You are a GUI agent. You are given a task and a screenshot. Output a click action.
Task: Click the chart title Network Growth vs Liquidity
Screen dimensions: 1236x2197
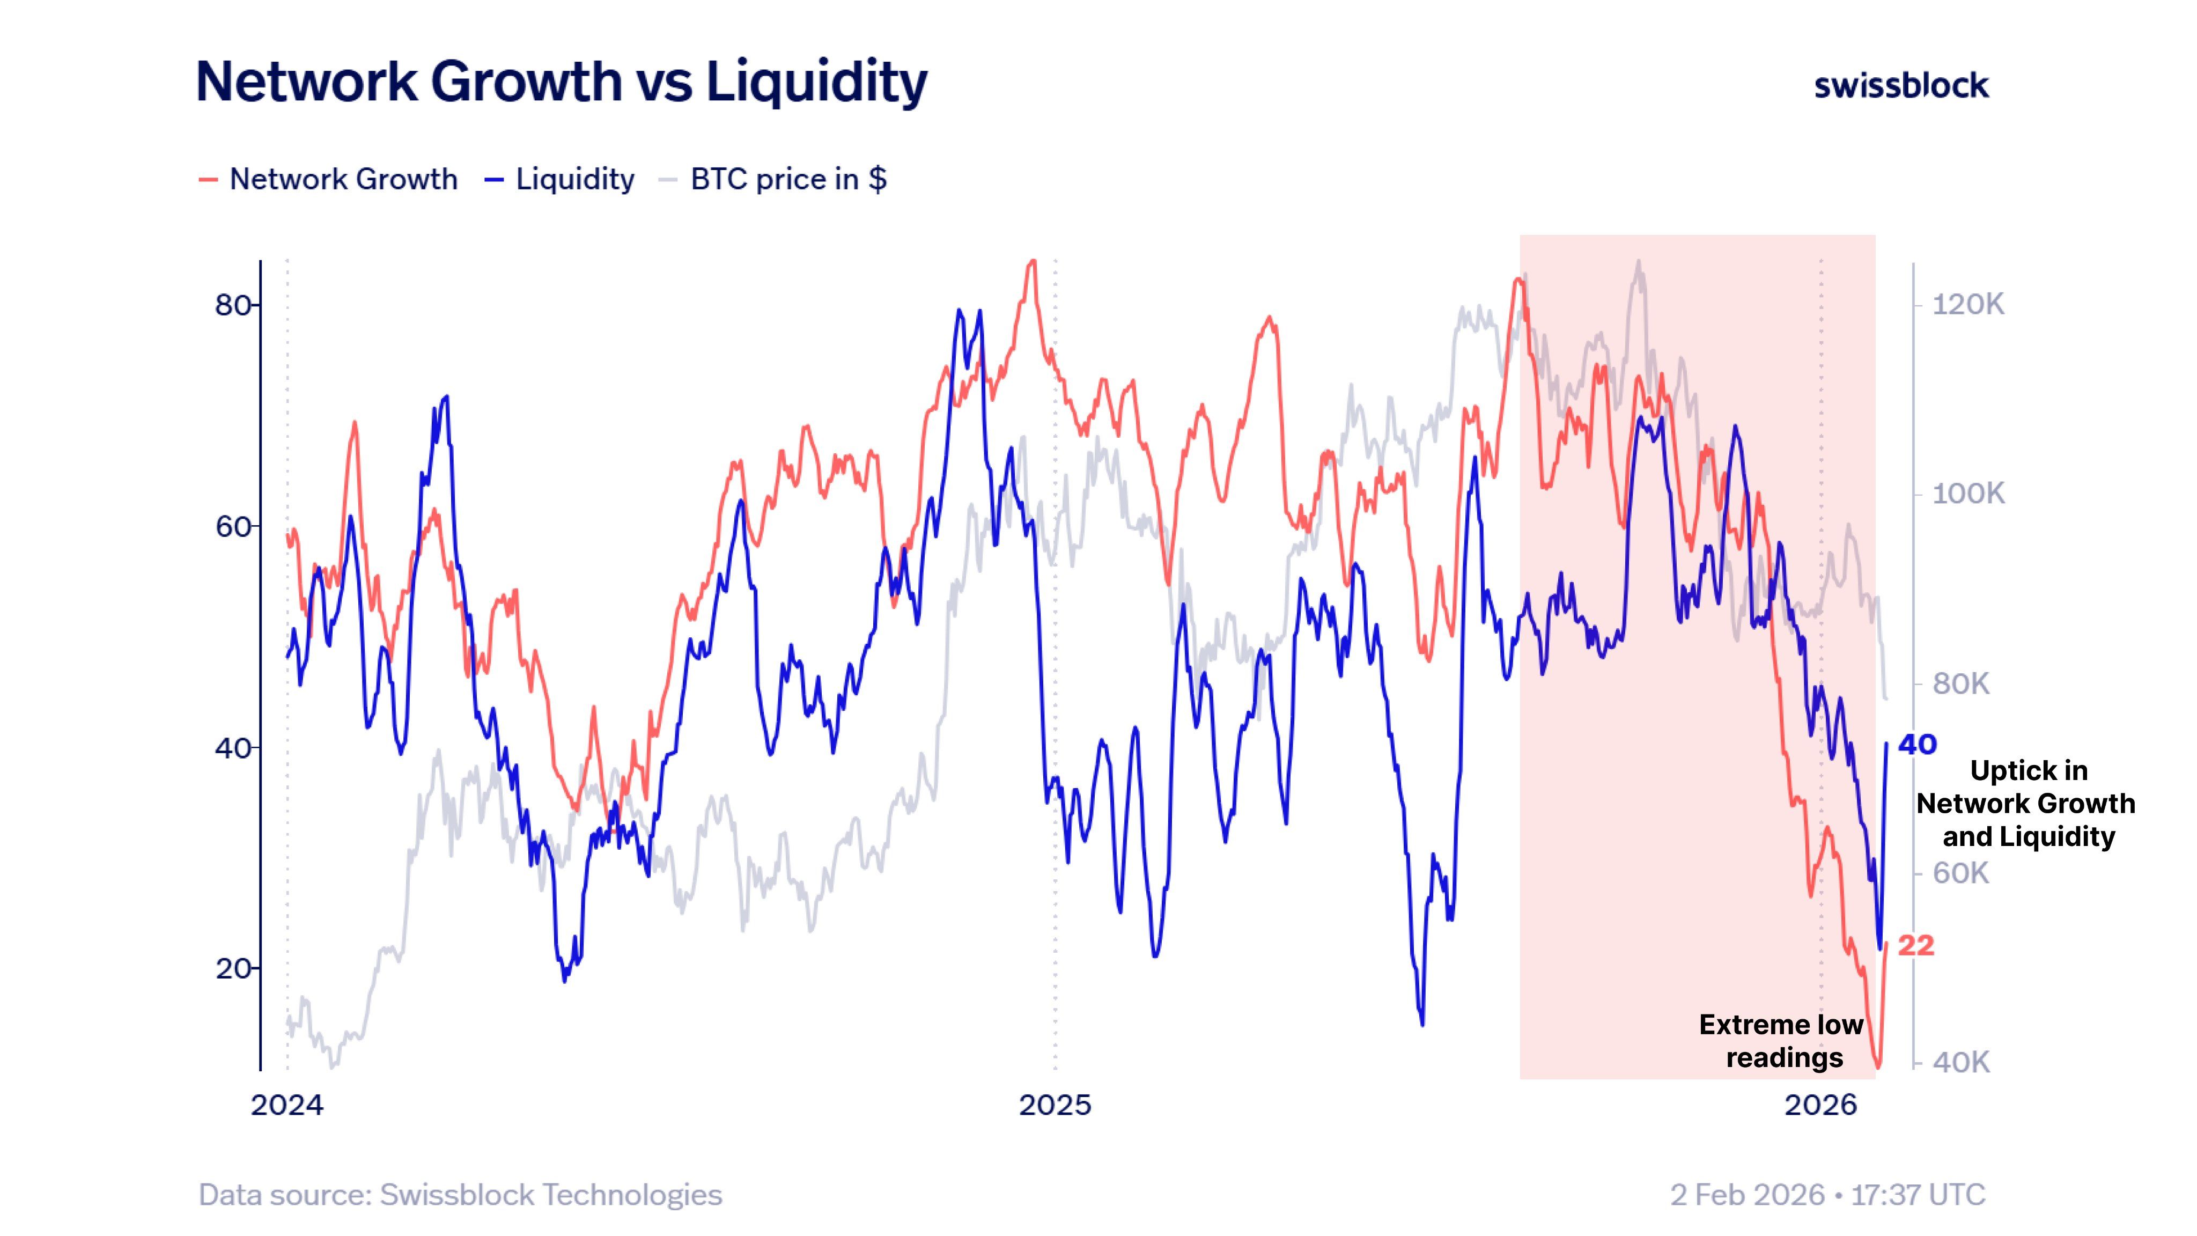click(x=561, y=82)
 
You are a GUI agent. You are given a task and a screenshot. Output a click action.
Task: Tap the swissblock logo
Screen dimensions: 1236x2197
click(x=1900, y=85)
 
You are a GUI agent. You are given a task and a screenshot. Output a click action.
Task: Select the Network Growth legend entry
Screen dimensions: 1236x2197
click(x=342, y=179)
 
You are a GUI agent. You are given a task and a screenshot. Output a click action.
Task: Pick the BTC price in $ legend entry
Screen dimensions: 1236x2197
click(x=787, y=179)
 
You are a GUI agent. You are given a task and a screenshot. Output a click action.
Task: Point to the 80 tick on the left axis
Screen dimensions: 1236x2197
click(x=233, y=305)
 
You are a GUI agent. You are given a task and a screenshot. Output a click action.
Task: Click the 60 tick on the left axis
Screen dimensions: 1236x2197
click(x=233, y=526)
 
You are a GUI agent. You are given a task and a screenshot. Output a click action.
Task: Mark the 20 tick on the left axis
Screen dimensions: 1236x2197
click(x=233, y=968)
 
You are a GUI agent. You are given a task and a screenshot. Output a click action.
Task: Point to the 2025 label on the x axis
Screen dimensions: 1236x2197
click(x=1055, y=1105)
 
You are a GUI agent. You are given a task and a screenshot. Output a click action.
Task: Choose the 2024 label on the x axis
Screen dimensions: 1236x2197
click(x=287, y=1105)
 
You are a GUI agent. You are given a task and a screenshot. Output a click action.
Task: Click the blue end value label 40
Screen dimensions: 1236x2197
click(x=1917, y=744)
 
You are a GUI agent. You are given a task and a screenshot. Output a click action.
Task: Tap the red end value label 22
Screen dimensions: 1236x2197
click(x=1915, y=945)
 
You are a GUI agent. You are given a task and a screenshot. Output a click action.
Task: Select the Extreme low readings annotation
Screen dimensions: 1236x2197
click(x=1782, y=1041)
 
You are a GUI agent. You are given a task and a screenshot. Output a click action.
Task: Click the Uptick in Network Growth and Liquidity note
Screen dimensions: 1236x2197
click(x=2026, y=804)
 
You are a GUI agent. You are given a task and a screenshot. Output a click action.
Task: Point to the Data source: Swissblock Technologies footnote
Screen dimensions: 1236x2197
click(x=461, y=1194)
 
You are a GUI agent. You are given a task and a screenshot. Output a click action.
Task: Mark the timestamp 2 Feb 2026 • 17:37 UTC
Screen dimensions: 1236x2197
click(x=1827, y=1194)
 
